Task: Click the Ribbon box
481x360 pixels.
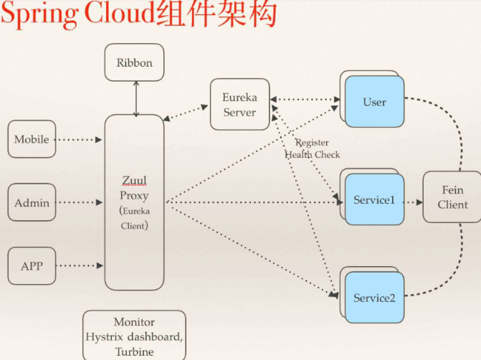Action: [134, 62]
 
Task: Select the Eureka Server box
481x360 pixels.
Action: [239, 104]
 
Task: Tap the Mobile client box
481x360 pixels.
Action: [32, 139]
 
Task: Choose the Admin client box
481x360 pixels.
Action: [32, 203]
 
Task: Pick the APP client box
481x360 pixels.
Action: [32, 266]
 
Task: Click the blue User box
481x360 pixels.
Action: [374, 102]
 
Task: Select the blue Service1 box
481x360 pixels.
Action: [374, 200]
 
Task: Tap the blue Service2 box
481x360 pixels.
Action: [374, 297]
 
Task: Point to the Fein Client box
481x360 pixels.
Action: [452, 197]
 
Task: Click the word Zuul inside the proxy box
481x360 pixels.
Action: [134, 181]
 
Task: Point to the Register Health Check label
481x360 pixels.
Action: [313, 148]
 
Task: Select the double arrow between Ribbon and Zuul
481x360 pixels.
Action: [135, 98]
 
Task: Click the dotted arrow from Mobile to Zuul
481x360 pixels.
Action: [79, 139]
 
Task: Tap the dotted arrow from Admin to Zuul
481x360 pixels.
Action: [79, 203]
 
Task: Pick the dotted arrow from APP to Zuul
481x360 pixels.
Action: [79, 266]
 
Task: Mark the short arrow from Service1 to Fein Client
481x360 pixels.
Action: [413, 202]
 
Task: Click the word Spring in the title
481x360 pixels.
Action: [39, 16]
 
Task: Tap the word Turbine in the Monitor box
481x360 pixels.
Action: [134, 351]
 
